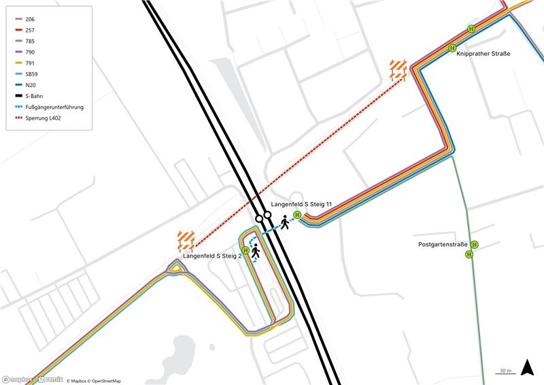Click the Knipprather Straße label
click(483, 53)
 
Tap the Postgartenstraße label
click(443, 244)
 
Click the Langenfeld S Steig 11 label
click(301, 205)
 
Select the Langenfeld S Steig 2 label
click(212, 256)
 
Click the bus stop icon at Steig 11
click(297, 215)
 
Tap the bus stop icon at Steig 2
click(245, 250)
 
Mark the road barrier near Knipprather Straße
click(398, 69)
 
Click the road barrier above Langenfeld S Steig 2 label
click(186, 240)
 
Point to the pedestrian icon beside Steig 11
click(284, 222)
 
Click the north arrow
click(526, 367)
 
